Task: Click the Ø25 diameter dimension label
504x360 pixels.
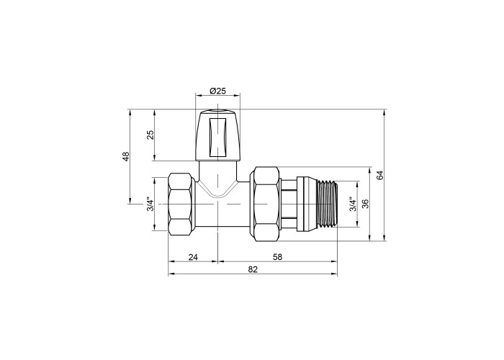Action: point(218,91)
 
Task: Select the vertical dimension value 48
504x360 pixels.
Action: point(126,156)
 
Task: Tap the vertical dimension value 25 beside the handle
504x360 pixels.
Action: point(150,135)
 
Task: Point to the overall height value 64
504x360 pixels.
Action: point(380,175)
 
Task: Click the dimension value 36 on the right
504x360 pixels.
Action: point(365,204)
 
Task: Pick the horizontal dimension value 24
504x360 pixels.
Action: point(193,257)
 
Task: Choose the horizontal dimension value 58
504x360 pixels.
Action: point(277,257)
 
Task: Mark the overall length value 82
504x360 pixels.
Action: point(253,269)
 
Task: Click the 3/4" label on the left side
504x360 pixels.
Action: point(150,204)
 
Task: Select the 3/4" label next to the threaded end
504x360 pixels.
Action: point(353,204)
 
